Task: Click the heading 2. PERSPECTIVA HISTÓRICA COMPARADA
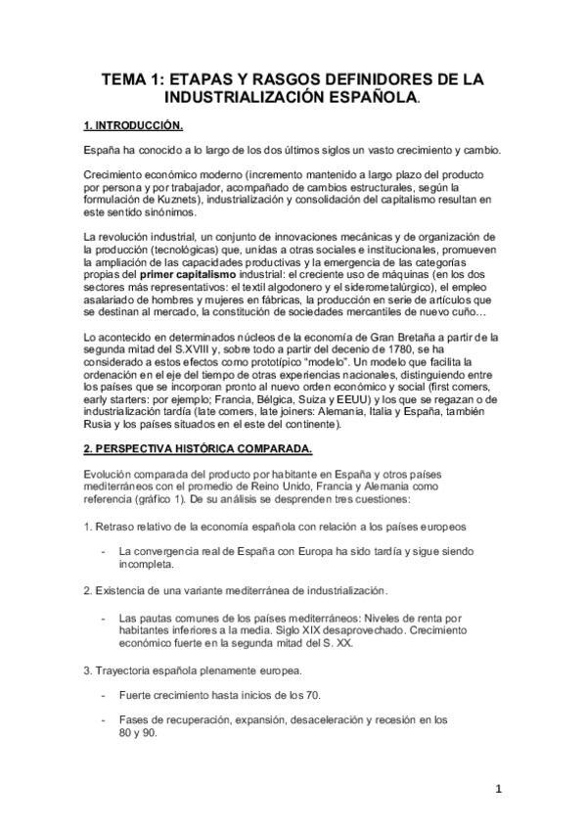[198, 449]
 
